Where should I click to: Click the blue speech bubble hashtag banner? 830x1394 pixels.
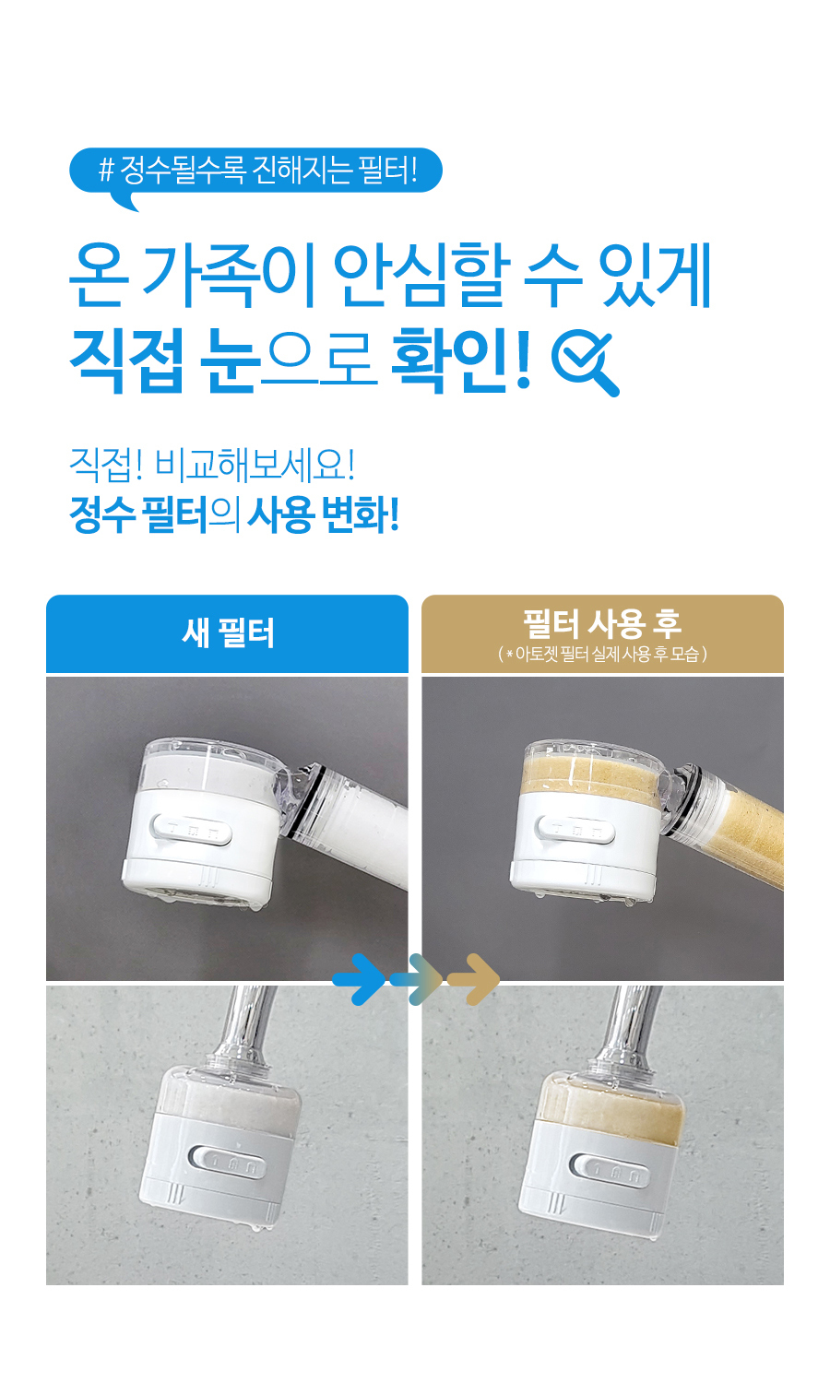255,171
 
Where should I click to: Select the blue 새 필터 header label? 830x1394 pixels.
227,633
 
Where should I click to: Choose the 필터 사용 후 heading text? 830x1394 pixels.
602,624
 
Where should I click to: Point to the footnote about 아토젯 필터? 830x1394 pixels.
602,654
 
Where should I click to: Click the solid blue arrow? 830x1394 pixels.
360,979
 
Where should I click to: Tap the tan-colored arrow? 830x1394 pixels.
473,979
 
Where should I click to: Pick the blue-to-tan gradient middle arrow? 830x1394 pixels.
416,979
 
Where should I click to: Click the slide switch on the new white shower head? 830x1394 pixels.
191,830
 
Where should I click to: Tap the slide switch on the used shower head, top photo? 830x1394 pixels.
575,830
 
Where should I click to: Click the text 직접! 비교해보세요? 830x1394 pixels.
212,465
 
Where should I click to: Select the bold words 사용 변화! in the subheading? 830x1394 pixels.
323,515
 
